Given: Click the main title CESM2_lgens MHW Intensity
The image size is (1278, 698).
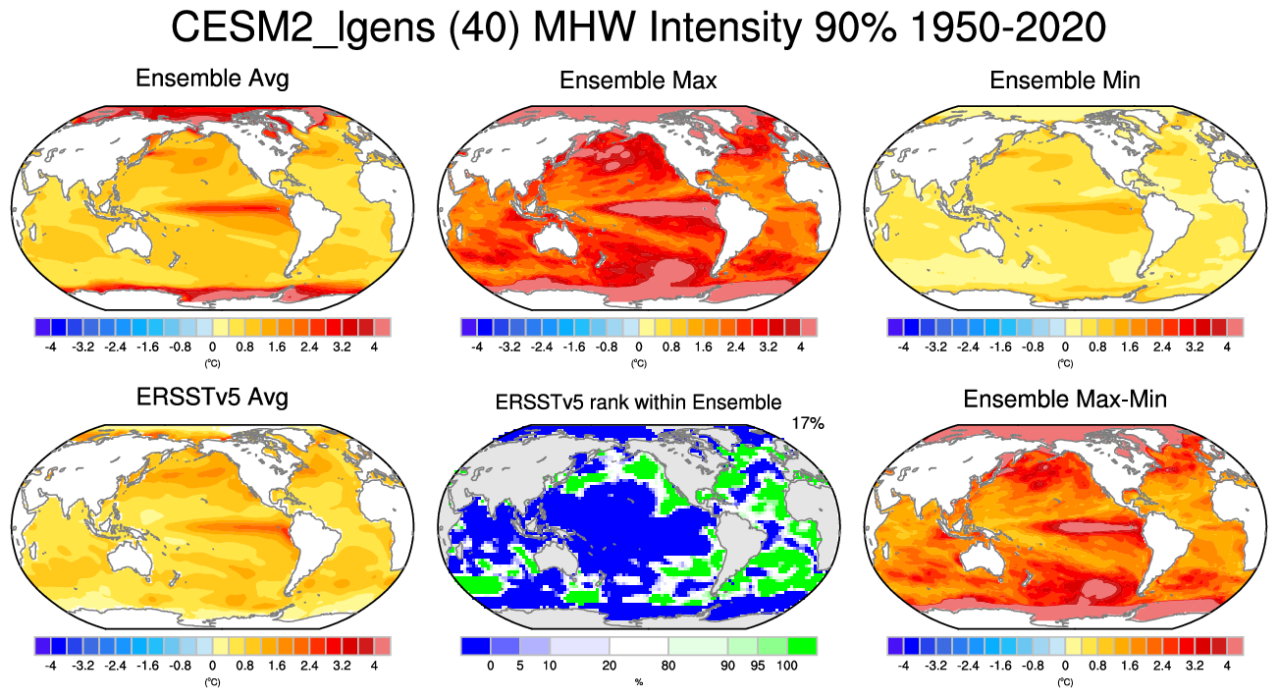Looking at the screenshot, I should click(x=638, y=29).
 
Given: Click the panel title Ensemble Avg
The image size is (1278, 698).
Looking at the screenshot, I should click(x=212, y=79).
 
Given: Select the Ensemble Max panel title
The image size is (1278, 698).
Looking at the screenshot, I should click(x=638, y=81).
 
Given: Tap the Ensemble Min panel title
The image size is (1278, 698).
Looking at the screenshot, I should click(x=1065, y=81).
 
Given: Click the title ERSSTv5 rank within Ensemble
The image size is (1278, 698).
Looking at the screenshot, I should click(x=638, y=402).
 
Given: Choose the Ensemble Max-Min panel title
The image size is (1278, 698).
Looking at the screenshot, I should click(x=1065, y=400).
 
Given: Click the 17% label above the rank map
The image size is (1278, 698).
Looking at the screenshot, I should click(x=807, y=423).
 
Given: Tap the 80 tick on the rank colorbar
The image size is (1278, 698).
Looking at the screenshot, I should click(x=667, y=666).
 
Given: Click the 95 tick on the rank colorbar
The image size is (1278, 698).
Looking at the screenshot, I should click(x=757, y=666).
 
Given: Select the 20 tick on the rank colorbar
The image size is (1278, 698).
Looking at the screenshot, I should click(x=609, y=666).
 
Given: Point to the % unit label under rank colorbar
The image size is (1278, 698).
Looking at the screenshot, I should click(x=638, y=681).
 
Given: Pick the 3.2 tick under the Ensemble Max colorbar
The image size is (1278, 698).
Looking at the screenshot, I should click(x=769, y=347).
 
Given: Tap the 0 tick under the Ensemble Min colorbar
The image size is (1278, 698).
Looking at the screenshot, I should click(x=1065, y=347).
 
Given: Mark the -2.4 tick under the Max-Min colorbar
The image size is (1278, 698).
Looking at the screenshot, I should click(x=968, y=666).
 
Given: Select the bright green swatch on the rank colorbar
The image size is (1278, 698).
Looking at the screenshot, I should click(x=802, y=646).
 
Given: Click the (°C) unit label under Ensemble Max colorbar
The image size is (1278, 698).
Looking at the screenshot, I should click(x=638, y=363).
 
